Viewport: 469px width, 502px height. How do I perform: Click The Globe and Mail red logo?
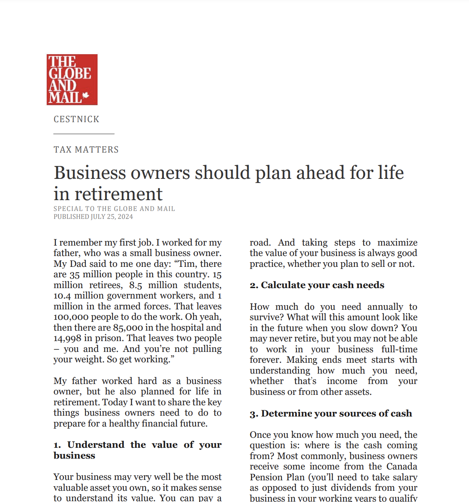(x=72, y=79)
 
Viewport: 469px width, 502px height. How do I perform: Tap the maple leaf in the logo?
(x=86, y=95)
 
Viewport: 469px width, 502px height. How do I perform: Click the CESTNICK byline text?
(x=76, y=119)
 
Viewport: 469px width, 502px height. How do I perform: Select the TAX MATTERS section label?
(x=86, y=150)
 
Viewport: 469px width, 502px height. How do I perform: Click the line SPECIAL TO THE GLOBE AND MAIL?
(x=114, y=208)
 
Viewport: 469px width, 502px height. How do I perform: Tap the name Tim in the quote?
(x=187, y=264)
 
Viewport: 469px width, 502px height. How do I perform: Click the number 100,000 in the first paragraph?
(x=70, y=317)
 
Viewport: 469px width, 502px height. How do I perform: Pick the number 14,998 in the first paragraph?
(x=67, y=339)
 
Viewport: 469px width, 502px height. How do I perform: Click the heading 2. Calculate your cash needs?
(x=317, y=285)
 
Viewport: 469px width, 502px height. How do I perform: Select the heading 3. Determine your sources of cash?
(x=331, y=414)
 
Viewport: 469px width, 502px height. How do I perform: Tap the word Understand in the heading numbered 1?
(x=95, y=445)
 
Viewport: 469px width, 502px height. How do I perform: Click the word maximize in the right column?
(x=397, y=243)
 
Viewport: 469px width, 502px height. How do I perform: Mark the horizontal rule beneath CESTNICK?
(x=84, y=134)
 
